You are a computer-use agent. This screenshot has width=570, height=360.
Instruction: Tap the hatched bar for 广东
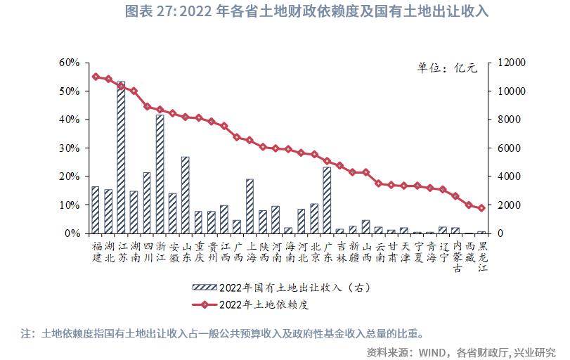coord(327,200)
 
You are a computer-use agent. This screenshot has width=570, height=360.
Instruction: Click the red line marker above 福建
coord(96,77)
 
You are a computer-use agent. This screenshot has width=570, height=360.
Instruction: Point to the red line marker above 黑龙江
coord(481,208)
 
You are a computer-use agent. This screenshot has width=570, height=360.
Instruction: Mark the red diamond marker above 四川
coord(147,107)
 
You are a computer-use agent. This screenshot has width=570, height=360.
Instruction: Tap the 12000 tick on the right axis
coord(510,63)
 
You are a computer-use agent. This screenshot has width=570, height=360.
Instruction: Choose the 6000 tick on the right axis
coord(507,148)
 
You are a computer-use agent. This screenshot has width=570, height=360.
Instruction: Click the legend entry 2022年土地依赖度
coord(264,304)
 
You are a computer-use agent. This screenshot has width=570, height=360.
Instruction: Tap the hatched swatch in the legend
coord(204,287)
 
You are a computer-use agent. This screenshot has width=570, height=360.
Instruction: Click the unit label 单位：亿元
coord(447,68)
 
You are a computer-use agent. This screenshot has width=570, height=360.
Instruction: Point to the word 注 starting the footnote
coord(26,332)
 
